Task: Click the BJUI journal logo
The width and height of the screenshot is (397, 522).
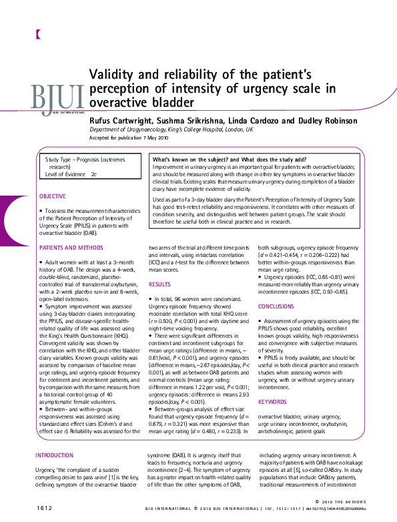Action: click(57, 98)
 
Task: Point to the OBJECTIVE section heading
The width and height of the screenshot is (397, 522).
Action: click(53, 196)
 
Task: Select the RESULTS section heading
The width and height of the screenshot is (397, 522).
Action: click(159, 284)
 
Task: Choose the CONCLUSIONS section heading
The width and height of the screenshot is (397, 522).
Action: click(276, 306)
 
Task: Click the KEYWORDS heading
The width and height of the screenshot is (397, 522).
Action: click(272, 402)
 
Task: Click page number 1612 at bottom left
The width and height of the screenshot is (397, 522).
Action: click(45, 508)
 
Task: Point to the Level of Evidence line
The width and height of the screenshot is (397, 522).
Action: click(71, 174)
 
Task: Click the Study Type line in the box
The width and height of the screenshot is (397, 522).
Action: click(85, 160)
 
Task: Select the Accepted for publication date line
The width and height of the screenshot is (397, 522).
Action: click(129, 138)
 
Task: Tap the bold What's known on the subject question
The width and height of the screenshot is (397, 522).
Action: click(230, 160)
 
